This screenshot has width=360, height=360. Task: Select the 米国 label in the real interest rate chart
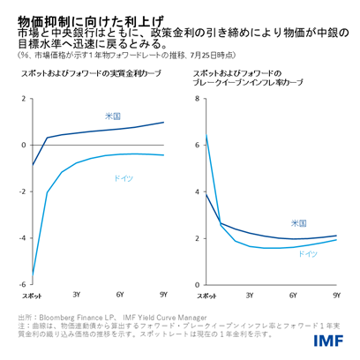pos(113,115)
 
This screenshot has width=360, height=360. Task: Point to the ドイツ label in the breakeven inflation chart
pos(307,253)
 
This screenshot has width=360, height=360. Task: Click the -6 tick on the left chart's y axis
pos(23,284)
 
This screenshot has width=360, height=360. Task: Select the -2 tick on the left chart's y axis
pos(23,191)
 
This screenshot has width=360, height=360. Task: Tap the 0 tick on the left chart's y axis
pos(25,145)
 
